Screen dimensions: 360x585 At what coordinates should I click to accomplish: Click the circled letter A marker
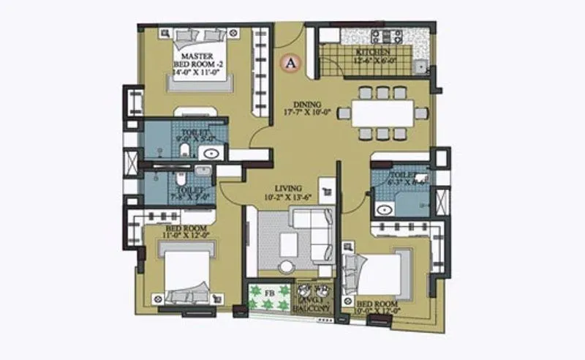pos(290,64)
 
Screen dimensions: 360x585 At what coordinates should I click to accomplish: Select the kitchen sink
pos(421,67)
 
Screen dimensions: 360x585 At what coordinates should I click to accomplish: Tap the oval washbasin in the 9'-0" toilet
pos(212,153)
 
